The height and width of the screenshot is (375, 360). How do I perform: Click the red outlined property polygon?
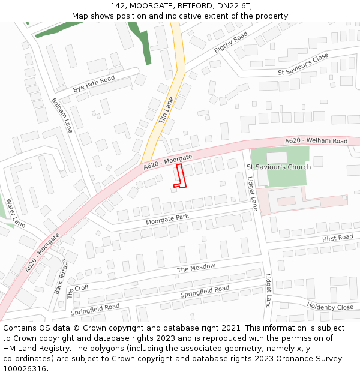coord(179,175)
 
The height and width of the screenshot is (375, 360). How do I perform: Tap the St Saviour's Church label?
coord(278,167)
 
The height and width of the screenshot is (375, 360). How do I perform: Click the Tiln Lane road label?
coord(166,110)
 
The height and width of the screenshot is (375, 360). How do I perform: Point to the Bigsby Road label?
coord(230,43)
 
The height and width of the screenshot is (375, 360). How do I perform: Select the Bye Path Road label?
coord(94,83)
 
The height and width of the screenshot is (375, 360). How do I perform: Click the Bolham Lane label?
coord(61,115)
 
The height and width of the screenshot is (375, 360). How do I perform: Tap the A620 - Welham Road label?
coord(316,141)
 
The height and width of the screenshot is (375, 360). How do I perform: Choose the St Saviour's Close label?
coord(303,64)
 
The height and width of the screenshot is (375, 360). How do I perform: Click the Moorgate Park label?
coord(167,220)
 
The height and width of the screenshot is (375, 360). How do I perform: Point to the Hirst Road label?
coord(337,238)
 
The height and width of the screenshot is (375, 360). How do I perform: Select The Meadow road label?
coord(196,268)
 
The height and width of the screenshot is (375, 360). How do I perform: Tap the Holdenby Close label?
coord(330,306)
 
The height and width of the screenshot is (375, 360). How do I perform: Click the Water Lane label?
coord(16,213)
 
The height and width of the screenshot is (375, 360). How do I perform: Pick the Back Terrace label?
coord(61,277)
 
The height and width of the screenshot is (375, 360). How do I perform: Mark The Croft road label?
coord(78,291)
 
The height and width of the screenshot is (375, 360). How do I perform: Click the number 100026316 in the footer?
coord(26,368)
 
